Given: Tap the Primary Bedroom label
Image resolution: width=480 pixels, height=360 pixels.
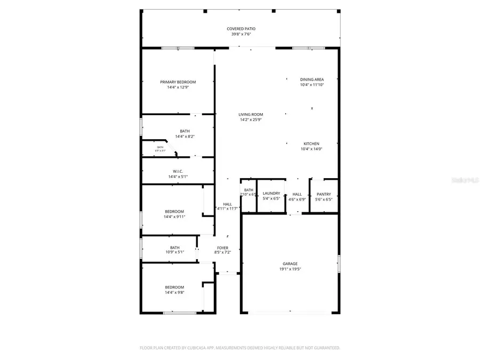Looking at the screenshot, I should pyautogui.click(x=178, y=82).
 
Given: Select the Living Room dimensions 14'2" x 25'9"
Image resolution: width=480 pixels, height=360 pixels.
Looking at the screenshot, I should pyautogui.click(x=250, y=120).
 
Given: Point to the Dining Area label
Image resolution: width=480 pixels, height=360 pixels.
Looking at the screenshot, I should pyautogui.click(x=311, y=79).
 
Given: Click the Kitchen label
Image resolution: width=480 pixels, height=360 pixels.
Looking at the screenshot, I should pyautogui.click(x=311, y=144).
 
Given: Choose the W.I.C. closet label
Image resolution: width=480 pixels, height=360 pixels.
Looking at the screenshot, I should pyautogui.click(x=178, y=171).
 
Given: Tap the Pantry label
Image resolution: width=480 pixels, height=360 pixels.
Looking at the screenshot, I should pyautogui.click(x=324, y=194).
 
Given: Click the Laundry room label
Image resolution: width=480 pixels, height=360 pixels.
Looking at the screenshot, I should pyautogui.click(x=271, y=194).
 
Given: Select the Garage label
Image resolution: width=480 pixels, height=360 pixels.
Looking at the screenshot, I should pyautogui.click(x=290, y=263).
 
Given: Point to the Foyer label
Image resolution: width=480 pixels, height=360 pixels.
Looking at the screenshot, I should pyautogui.click(x=222, y=248).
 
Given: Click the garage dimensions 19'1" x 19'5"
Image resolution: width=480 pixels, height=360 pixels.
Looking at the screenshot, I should pyautogui.click(x=290, y=269).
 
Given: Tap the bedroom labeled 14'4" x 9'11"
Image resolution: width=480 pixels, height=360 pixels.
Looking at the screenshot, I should pyautogui.click(x=174, y=214).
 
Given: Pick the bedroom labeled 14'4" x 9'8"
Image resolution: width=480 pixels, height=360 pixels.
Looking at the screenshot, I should pyautogui.click(x=174, y=290).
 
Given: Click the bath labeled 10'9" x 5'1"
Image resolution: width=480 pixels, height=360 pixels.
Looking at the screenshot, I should pyautogui.click(x=174, y=250).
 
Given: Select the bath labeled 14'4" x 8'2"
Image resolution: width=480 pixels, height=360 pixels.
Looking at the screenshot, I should pyautogui.click(x=185, y=134).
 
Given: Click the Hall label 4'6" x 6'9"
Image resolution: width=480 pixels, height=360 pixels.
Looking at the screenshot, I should pyautogui.click(x=297, y=197).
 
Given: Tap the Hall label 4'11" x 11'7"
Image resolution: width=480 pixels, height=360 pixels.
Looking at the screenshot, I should pyautogui.click(x=227, y=206).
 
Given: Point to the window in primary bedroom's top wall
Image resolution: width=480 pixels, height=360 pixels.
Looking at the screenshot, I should pyautogui.click(x=178, y=48).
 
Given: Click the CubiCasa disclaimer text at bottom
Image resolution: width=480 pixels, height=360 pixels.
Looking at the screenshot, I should pyautogui.click(x=239, y=348).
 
